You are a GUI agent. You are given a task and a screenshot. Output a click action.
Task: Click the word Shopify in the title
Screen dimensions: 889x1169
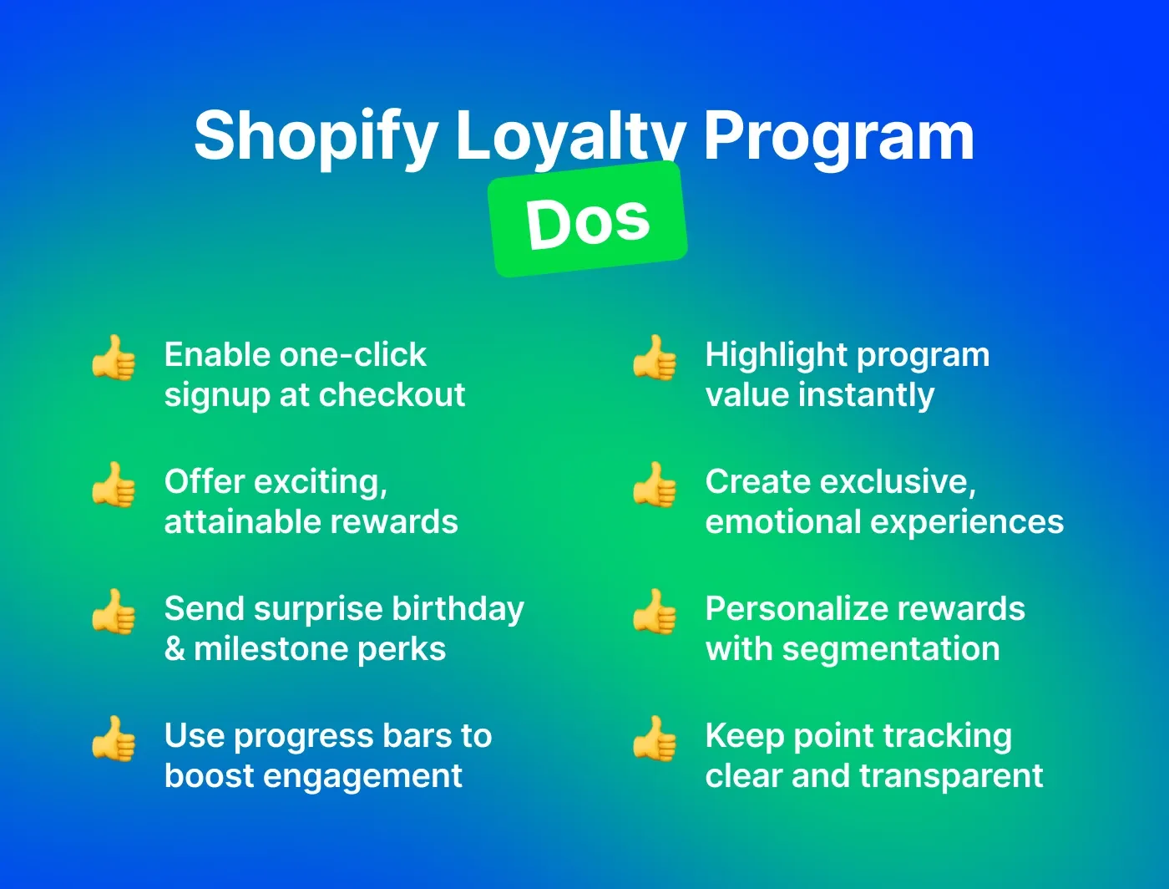[x=316, y=136]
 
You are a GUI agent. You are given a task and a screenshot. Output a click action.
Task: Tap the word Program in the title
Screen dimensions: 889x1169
[x=838, y=136]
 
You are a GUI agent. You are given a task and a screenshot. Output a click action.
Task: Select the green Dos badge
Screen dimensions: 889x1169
[x=588, y=220]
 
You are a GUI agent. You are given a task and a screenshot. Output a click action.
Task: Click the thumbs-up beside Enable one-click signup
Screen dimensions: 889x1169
[x=114, y=358]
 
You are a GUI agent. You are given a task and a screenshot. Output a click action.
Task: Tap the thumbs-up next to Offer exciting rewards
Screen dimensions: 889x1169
[x=114, y=485]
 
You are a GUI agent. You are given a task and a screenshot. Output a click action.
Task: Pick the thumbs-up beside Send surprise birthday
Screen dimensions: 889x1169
[x=114, y=612]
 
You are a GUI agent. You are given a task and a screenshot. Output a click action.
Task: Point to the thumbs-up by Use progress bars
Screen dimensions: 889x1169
[x=114, y=739]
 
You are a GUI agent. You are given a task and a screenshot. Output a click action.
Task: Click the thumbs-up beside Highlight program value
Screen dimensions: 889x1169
[x=654, y=358]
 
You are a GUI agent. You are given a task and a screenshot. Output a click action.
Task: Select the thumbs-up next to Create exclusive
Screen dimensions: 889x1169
[x=654, y=485]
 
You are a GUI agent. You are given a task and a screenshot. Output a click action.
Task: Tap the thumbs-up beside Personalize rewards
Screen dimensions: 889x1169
[x=654, y=612]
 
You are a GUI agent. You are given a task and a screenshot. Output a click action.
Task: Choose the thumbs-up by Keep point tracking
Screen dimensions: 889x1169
[x=654, y=739]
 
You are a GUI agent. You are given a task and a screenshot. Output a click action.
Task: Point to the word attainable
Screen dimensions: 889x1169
[x=237, y=522]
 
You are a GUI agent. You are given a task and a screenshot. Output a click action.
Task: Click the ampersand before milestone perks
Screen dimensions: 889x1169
[x=175, y=649]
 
